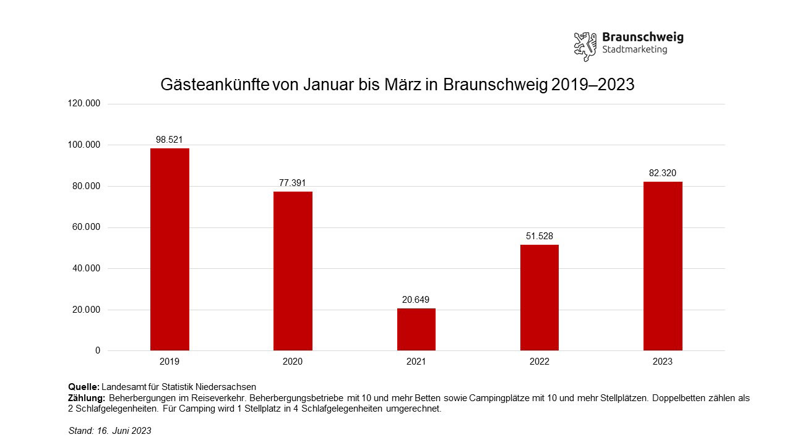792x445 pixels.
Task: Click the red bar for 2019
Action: tap(170, 249)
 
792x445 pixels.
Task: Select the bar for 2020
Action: tap(293, 271)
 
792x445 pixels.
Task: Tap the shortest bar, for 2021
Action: tap(416, 329)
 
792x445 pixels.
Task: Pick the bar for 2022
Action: tap(539, 297)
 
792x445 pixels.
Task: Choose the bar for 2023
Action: tap(663, 266)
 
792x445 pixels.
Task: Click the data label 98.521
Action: tap(170, 140)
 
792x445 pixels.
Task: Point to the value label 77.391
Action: tap(293, 183)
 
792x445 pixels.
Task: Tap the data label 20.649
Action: tap(416, 300)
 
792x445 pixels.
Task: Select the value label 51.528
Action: tap(539, 236)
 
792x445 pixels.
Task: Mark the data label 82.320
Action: tap(663, 173)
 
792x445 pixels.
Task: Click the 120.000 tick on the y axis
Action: tap(84, 104)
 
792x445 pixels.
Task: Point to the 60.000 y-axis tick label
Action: tap(87, 227)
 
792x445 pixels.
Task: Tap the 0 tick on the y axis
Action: tap(97, 351)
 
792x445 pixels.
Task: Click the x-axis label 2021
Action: tap(416, 362)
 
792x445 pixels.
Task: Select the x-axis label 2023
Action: tap(663, 362)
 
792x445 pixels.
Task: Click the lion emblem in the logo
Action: tap(585, 46)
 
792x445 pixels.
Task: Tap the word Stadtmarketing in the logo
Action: tap(634, 50)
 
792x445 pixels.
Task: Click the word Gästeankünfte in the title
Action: tap(215, 85)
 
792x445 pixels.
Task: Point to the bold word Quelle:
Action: tap(84, 387)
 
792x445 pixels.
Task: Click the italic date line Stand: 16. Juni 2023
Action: tap(110, 431)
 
